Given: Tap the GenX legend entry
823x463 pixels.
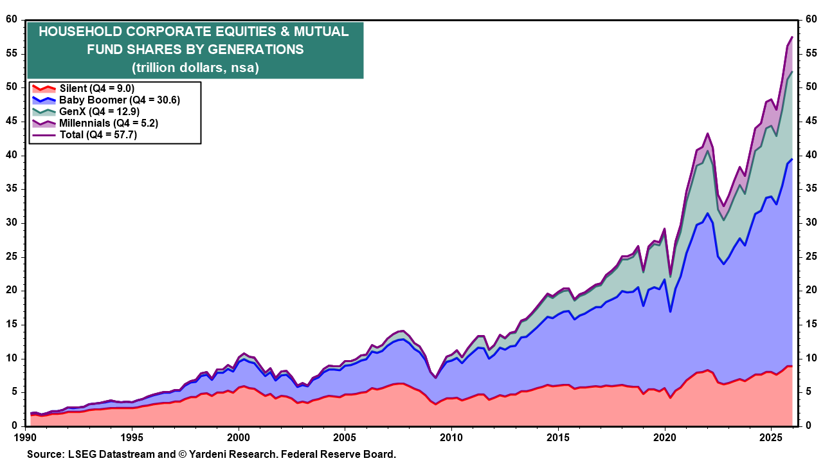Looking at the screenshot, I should click(99, 112).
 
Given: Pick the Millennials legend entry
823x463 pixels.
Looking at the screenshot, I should click(109, 123).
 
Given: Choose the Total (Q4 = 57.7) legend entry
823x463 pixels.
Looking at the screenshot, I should click(98, 134).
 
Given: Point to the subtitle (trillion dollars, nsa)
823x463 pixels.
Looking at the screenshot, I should click(195, 67).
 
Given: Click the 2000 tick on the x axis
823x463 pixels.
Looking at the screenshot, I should click(238, 437).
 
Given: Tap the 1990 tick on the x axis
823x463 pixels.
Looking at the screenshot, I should click(25, 437).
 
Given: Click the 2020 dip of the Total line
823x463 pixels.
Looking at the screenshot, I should click(671, 275).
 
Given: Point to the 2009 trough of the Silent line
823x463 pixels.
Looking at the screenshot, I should click(436, 404).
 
